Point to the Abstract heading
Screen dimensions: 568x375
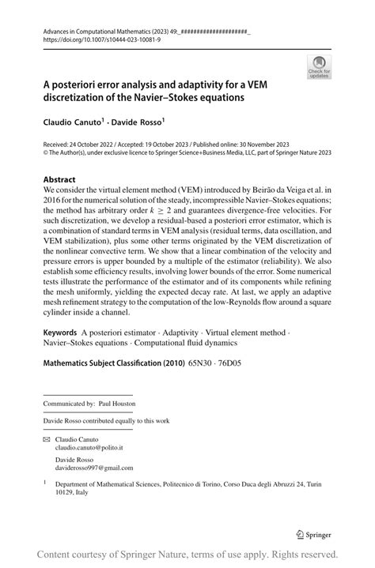(59, 179)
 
